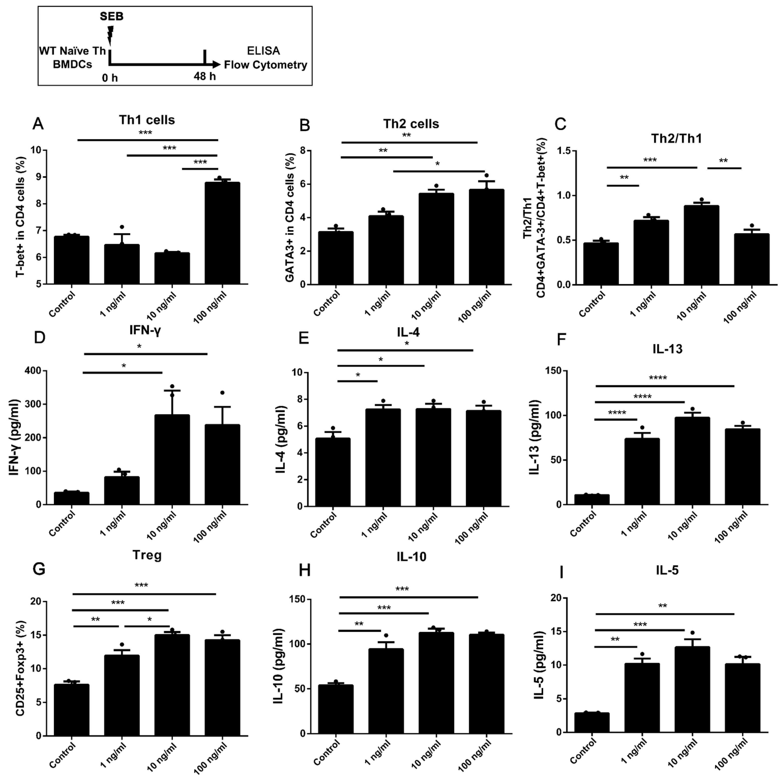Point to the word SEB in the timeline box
click(x=112, y=17)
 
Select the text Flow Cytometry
click(x=265, y=65)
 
